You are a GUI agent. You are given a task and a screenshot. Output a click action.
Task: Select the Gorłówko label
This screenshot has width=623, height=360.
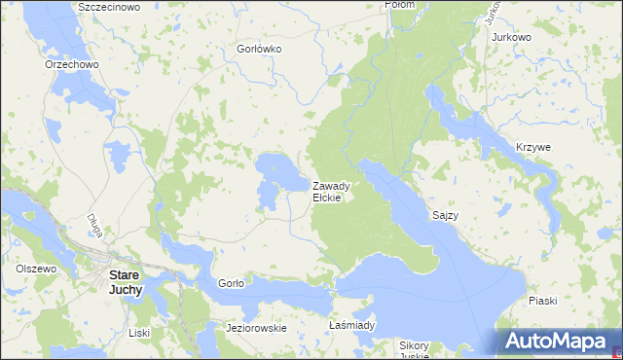click(259, 48)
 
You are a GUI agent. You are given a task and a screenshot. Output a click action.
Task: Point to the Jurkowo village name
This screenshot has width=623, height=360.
click(512, 37)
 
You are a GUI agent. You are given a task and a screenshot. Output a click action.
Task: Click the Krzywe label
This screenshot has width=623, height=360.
click(533, 147)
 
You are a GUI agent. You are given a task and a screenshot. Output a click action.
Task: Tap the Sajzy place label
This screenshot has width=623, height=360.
click(444, 214)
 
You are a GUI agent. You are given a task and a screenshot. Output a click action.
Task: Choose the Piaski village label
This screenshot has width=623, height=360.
click(542, 301)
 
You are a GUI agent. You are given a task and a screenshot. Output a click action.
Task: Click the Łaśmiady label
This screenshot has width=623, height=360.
click(351, 325)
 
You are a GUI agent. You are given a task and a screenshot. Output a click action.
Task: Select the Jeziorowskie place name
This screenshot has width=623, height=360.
click(256, 328)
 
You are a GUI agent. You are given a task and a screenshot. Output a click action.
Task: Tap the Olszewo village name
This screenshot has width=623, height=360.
click(37, 268)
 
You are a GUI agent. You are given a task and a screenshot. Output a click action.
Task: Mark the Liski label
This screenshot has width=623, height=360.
click(139, 333)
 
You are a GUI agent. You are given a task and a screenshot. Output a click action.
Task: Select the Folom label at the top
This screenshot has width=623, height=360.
click(400, 5)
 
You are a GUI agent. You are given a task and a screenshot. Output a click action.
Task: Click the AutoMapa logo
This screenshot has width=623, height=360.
click(557, 342)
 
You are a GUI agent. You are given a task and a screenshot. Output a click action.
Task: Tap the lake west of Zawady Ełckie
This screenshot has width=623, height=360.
click(277, 175)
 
